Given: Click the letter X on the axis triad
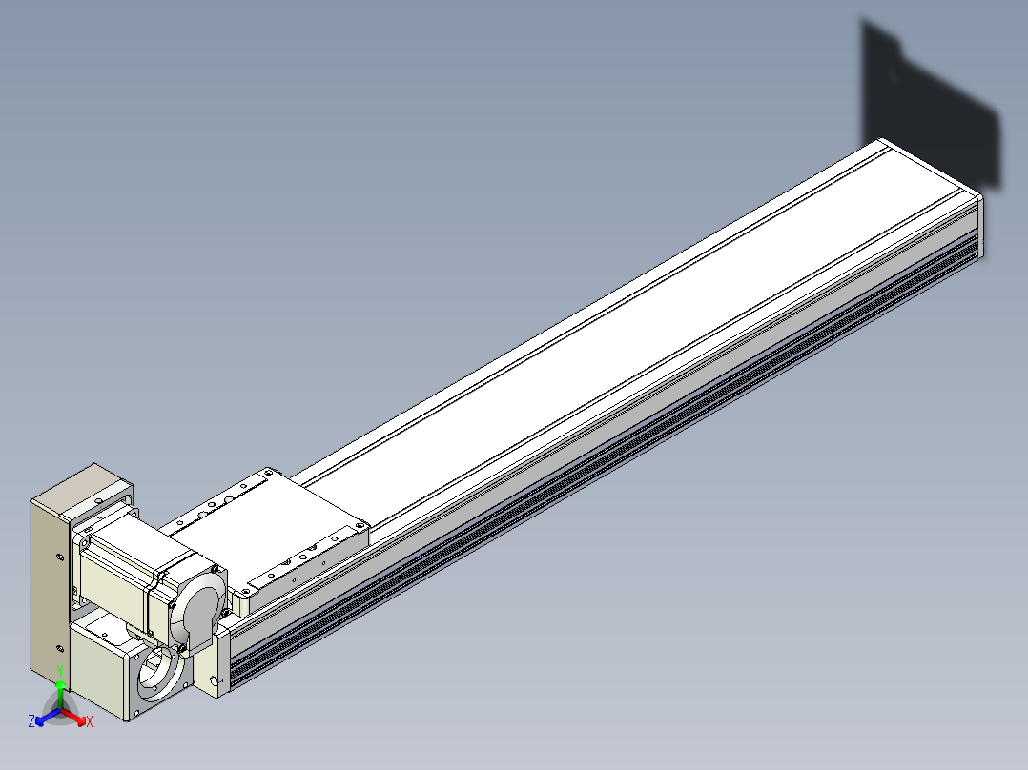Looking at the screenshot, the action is point(90,721).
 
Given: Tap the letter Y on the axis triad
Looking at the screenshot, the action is point(60,671).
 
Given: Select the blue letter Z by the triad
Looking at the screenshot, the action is point(31,721).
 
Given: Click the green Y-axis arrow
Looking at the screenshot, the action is point(60,695).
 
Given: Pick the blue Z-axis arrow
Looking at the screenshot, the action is point(49,717).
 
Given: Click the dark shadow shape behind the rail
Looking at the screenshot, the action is point(931,105).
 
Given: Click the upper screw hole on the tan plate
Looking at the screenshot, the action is point(60,557).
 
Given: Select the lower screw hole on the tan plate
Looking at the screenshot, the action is point(60,649).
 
